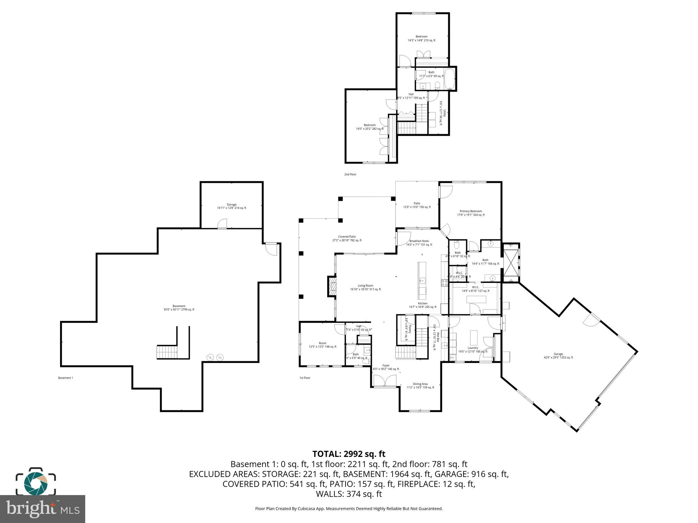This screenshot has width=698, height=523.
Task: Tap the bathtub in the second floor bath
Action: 450,79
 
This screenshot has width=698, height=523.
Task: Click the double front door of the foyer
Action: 385,381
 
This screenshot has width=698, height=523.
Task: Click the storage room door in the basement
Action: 222,224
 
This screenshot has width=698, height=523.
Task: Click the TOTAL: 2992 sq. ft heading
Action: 349,454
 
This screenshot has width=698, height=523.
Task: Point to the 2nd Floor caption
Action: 350,174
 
